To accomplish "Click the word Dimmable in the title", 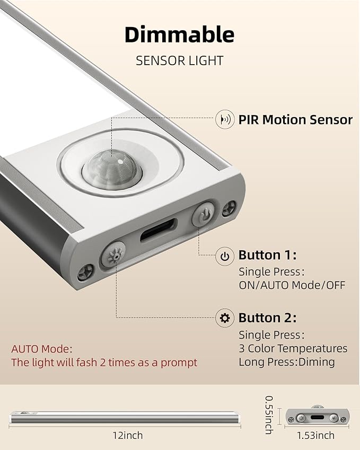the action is pyautogui.click(x=179, y=35).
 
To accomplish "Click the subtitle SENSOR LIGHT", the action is pyautogui.click(x=179, y=61).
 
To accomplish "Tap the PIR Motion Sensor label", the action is pyautogui.click(x=295, y=120).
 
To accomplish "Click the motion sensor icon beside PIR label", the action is pyautogui.click(x=225, y=119).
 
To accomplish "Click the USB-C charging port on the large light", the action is pyautogui.click(x=159, y=230).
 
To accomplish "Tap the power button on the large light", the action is pyautogui.click(x=203, y=214).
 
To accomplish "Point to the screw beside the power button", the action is pyautogui.click(x=229, y=208).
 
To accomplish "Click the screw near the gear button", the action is pyautogui.click(x=85, y=272).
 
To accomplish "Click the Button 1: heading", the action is pyautogui.click(x=267, y=255).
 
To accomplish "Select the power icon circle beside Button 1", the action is pyautogui.click(x=225, y=256).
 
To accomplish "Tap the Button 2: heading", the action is pyautogui.click(x=267, y=318).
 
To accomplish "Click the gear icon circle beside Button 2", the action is pyautogui.click(x=225, y=318).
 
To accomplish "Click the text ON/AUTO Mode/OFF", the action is pyautogui.click(x=292, y=285).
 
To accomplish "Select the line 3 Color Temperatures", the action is pyautogui.click(x=293, y=348).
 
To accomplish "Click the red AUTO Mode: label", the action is pyautogui.click(x=42, y=349).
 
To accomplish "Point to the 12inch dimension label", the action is pyautogui.click(x=127, y=435).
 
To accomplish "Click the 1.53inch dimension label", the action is pyautogui.click(x=315, y=435).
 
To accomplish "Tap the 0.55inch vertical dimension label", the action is pyautogui.click(x=269, y=414).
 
